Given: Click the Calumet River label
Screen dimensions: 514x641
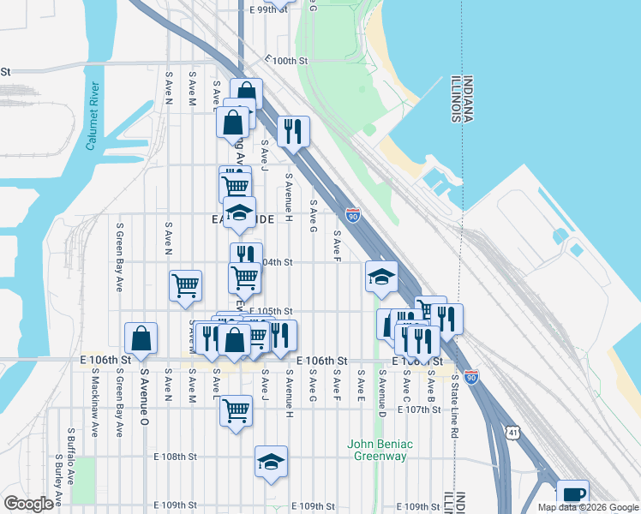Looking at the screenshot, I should (93, 117).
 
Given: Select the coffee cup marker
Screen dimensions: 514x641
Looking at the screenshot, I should (572, 495).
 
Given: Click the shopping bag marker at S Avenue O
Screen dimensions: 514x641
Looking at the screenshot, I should (141, 338).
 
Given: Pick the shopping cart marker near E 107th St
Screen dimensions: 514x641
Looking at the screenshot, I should (236, 409).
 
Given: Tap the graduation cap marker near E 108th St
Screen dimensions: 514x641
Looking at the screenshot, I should (271, 462).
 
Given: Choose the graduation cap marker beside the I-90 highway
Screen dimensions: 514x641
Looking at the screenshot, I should (381, 276).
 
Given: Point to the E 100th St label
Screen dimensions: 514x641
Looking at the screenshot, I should (286, 61).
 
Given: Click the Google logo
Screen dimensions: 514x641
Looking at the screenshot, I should (28, 504).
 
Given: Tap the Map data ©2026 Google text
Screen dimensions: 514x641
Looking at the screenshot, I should (587, 507).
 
